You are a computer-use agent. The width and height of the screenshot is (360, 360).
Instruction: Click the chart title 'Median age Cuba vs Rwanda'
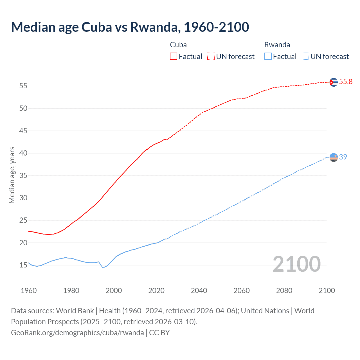130,27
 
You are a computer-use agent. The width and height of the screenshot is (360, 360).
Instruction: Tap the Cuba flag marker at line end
333,82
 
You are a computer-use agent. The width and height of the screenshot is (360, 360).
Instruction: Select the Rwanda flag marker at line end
333,157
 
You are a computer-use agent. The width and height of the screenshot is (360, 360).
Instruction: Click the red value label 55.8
346,82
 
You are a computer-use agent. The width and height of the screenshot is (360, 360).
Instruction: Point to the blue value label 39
343,157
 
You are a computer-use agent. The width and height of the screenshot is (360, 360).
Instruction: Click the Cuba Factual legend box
174,56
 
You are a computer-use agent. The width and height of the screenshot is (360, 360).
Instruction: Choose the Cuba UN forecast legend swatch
211,56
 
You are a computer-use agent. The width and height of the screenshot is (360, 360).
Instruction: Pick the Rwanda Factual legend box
268,56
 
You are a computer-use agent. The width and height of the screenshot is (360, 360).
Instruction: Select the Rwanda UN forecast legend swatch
305,56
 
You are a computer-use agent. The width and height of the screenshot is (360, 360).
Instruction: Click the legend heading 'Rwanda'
277,45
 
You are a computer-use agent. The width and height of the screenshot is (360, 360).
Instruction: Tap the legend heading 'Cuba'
178,45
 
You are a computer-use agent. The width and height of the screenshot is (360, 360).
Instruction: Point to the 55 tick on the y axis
23,86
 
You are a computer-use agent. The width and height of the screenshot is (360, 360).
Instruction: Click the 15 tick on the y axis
23,265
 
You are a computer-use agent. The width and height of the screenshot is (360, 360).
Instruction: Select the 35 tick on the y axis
23,175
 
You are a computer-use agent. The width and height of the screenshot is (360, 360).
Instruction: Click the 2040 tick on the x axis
199,291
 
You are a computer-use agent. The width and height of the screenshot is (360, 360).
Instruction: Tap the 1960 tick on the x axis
29,291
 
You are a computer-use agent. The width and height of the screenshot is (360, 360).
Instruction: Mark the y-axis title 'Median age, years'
12,175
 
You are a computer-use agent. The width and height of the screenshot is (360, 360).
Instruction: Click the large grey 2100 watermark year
296,264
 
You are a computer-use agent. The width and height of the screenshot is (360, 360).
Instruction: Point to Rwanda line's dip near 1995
103,268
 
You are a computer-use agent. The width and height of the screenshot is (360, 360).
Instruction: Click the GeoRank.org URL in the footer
77,333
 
